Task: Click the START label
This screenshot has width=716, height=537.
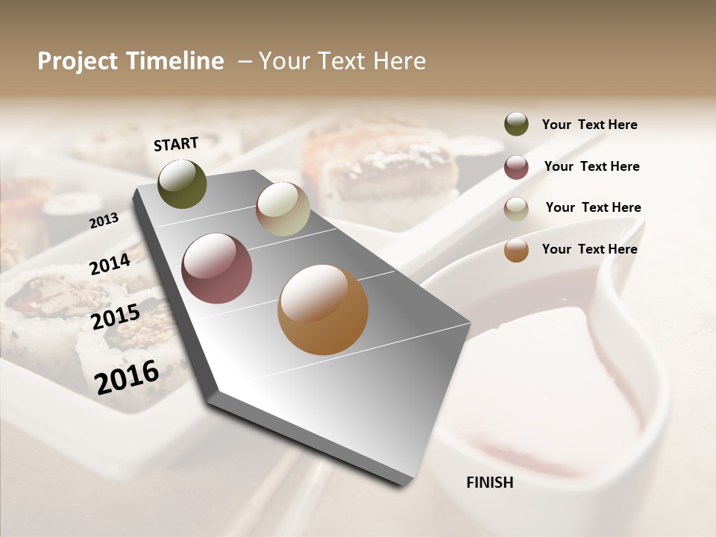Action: [176, 144]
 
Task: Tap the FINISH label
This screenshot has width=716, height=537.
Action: [489, 483]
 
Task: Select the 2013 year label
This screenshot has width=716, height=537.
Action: [104, 220]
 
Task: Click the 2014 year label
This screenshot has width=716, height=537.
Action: [110, 264]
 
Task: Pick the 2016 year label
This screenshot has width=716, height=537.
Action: [127, 377]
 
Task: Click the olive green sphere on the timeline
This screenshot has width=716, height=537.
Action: [182, 183]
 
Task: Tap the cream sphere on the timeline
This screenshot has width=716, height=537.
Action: [283, 209]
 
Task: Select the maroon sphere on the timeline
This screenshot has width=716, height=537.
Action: [216, 268]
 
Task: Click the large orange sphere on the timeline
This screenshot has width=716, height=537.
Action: [323, 310]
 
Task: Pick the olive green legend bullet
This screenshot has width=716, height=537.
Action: [516, 124]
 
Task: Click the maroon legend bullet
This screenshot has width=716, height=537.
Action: [516, 167]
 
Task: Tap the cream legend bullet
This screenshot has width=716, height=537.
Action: [516, 209]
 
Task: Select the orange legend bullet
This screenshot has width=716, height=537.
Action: [516, 250]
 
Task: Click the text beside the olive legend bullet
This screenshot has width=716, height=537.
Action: [589, 125]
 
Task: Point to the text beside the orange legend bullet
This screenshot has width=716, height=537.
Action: [589, 249]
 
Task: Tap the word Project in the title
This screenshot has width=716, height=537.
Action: [78, 62]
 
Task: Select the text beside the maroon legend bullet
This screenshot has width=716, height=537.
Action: [591, 166]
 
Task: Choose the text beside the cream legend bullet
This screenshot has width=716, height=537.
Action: [593, 207]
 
